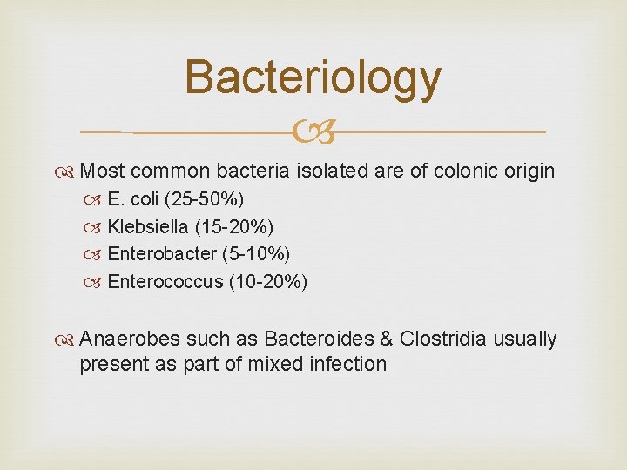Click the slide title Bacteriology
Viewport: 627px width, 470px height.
point(313,77)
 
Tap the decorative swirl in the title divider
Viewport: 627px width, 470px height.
point(313,132)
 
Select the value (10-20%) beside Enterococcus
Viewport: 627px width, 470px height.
point(266,282)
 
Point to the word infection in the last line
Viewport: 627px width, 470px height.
point(348,364)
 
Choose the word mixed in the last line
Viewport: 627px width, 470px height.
point(277,364)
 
